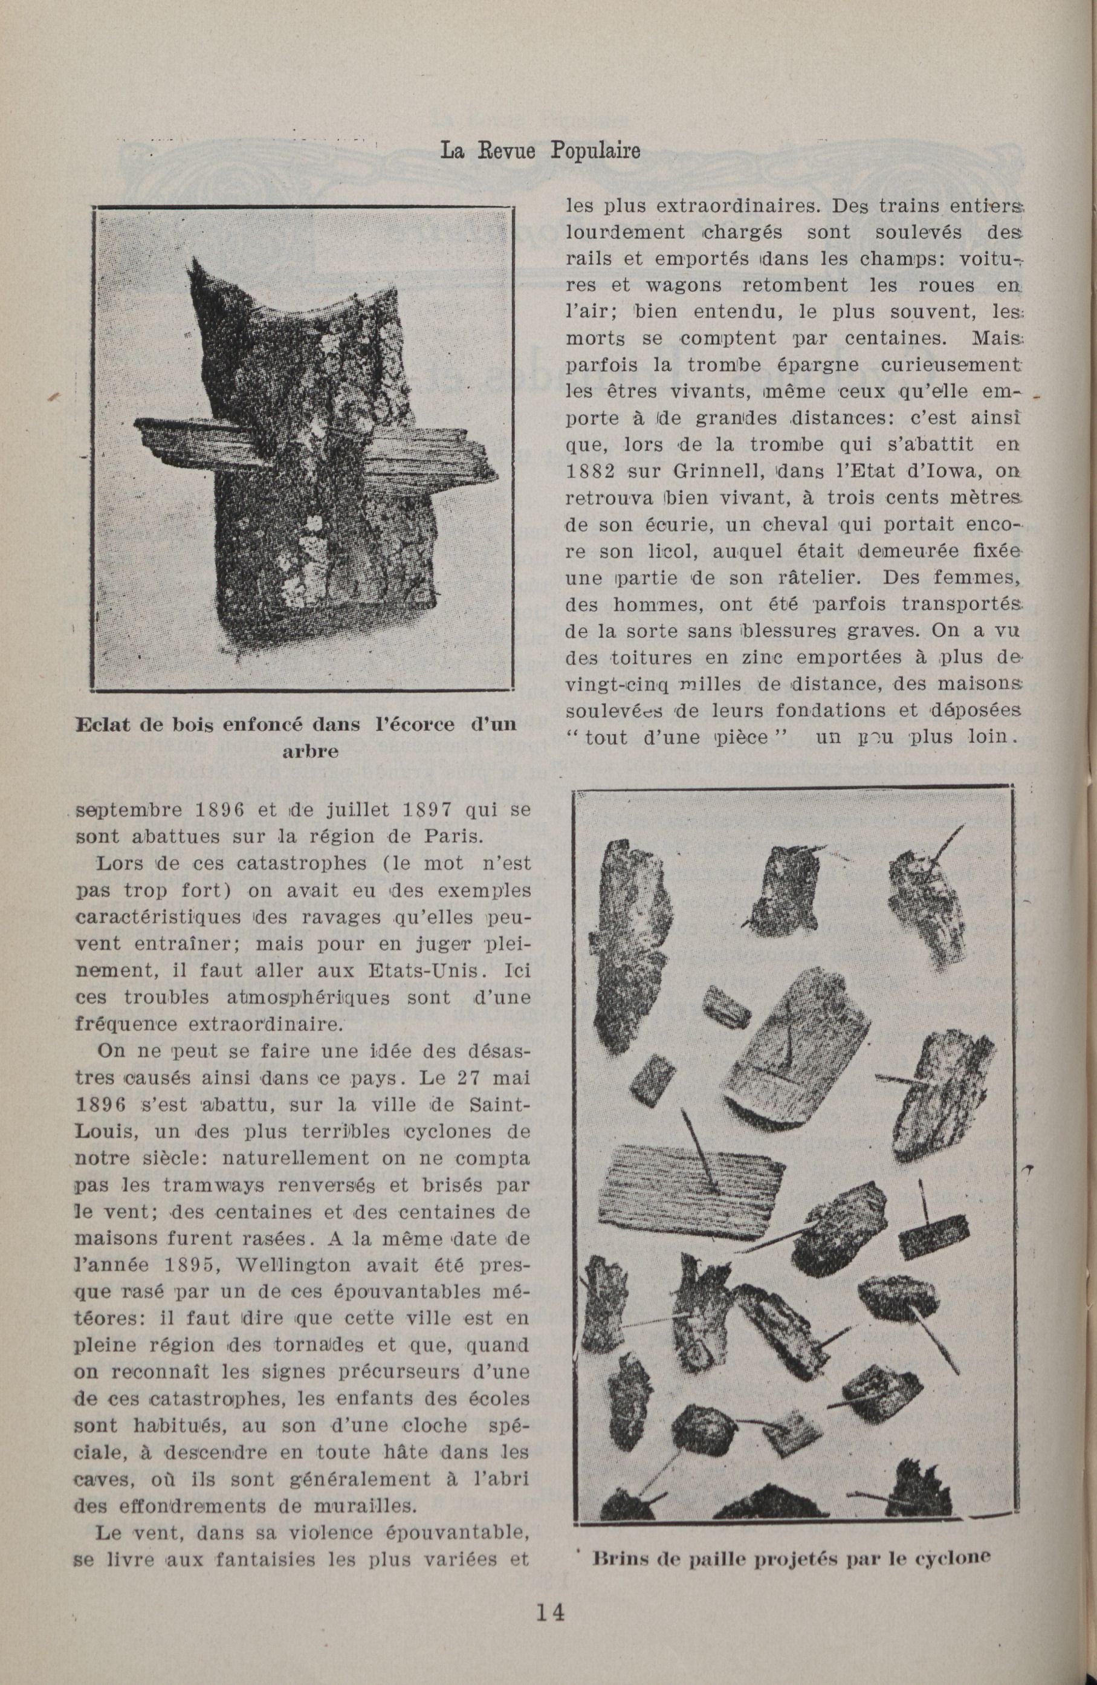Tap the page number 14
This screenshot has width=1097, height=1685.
coord(549,1627)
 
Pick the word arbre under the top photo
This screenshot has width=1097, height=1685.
coord(309,752)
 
